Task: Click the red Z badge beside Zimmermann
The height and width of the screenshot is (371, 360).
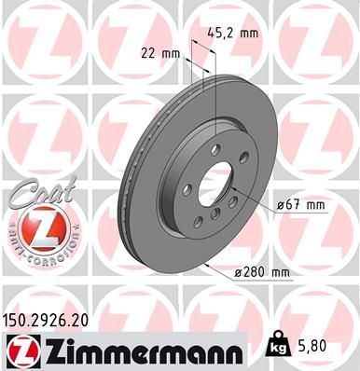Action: tap(21, 350)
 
